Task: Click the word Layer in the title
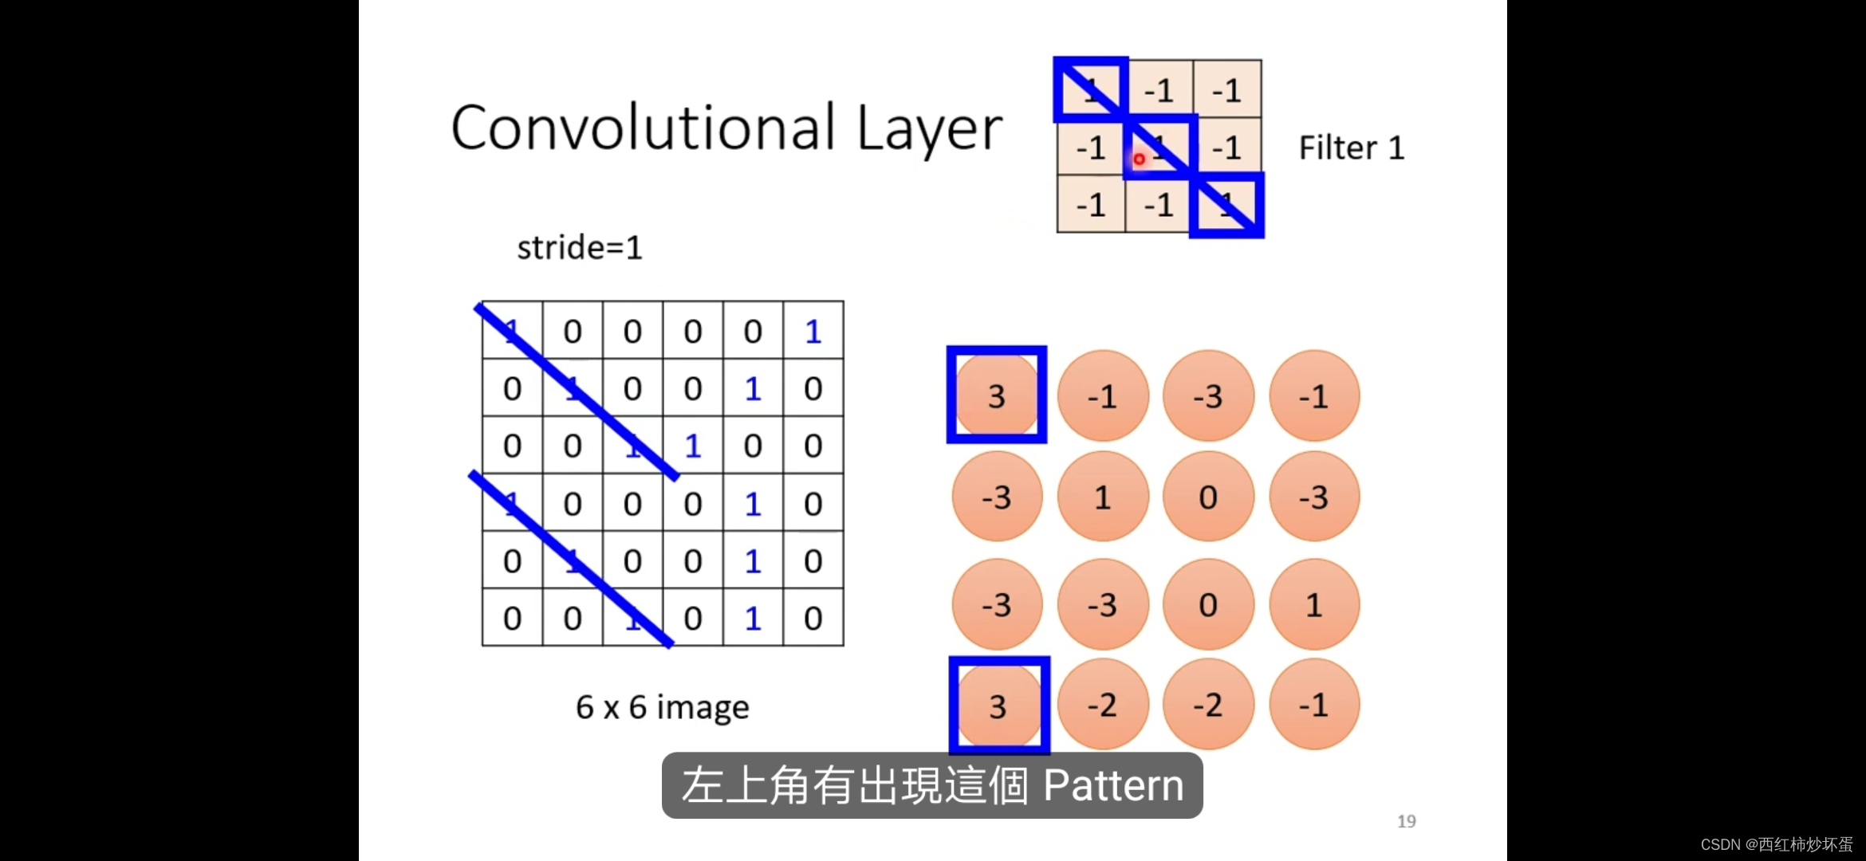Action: coord(929,129)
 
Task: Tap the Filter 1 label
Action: coord(1351,148)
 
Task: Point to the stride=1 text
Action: coord(580,248)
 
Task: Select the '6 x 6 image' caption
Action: coord(662,707)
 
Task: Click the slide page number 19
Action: coord(1406,821)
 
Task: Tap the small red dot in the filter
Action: coord(1139,159)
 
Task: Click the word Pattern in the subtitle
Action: coord(1113,786)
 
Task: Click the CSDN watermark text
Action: coord(1776,844)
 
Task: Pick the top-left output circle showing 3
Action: coord(997,395)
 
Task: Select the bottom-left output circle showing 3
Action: coord(998,706)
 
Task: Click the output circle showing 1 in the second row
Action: coord(1103,497)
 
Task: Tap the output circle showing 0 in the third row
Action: coord(1208,605)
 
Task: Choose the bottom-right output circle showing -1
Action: coord(1313,705)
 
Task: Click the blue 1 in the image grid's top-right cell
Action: coord(813,331)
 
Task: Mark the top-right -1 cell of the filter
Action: coord(1227,90)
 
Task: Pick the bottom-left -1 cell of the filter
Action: coord(1091,205)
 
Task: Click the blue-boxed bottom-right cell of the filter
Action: coord(1226,205)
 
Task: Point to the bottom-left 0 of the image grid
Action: coord(512,618)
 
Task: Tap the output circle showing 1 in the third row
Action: coord(1313,605)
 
